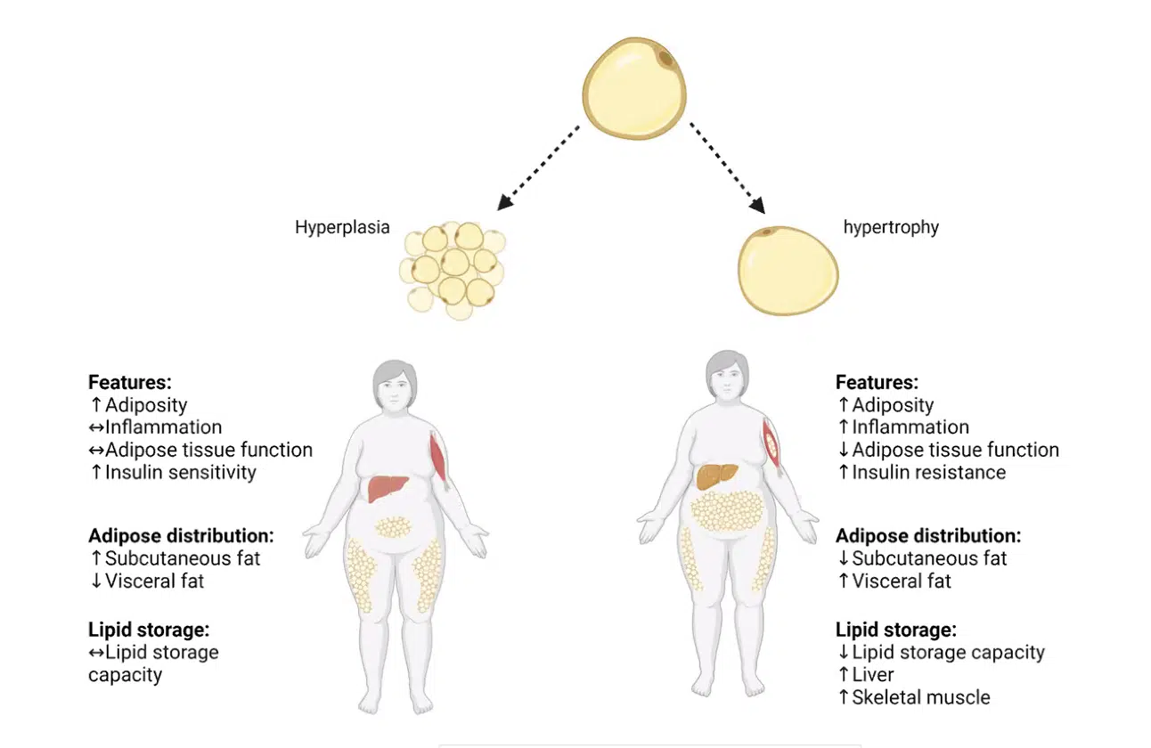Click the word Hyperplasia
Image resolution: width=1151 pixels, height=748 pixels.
click(x=342, y=227)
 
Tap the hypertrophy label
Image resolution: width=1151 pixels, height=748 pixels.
click(x=891, y=227)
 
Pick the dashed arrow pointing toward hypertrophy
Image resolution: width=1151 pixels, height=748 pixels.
click(x=727, y=168)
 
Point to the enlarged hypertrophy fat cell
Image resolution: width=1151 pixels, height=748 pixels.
click(x=788, y=270)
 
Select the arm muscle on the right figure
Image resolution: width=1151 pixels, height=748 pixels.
click(x=771, y=444)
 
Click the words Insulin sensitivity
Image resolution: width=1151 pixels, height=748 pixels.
click(x=180, y=473)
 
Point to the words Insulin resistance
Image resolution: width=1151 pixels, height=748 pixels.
click(x=928, y=473)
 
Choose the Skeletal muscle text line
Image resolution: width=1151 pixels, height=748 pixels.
click(x=920, y=697)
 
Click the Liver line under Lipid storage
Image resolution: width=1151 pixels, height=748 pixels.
click(x=872, y=675)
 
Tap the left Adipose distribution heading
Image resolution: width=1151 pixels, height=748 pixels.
click(x=181, y=536)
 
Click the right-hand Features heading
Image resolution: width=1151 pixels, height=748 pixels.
click(x=877, y=383)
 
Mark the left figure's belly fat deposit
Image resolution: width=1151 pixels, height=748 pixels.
click(x=392, y=527)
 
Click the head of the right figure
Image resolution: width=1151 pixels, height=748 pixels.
click(x=727, y=374)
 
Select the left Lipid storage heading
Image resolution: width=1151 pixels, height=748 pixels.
click(x=149, y=630)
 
